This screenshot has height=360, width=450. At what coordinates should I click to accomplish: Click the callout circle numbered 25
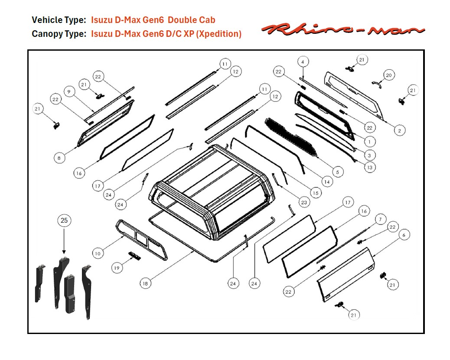64,221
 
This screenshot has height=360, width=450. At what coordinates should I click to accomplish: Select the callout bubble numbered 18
146,283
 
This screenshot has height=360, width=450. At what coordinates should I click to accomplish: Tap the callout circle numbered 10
98,253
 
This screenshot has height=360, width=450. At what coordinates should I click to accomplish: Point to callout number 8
60,158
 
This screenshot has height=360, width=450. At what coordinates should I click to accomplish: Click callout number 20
388,75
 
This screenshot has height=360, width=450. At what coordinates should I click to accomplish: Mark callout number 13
369,167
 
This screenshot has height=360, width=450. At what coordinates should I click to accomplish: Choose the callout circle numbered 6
404,235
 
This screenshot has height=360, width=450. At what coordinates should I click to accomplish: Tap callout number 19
117,268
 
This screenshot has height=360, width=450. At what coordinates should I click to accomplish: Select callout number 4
303,62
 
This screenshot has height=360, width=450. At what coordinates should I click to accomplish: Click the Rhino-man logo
342,29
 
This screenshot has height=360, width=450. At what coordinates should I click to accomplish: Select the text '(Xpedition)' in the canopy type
219,34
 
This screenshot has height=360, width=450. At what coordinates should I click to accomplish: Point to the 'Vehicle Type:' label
59,20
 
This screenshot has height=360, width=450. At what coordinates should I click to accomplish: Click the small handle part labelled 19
134,256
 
